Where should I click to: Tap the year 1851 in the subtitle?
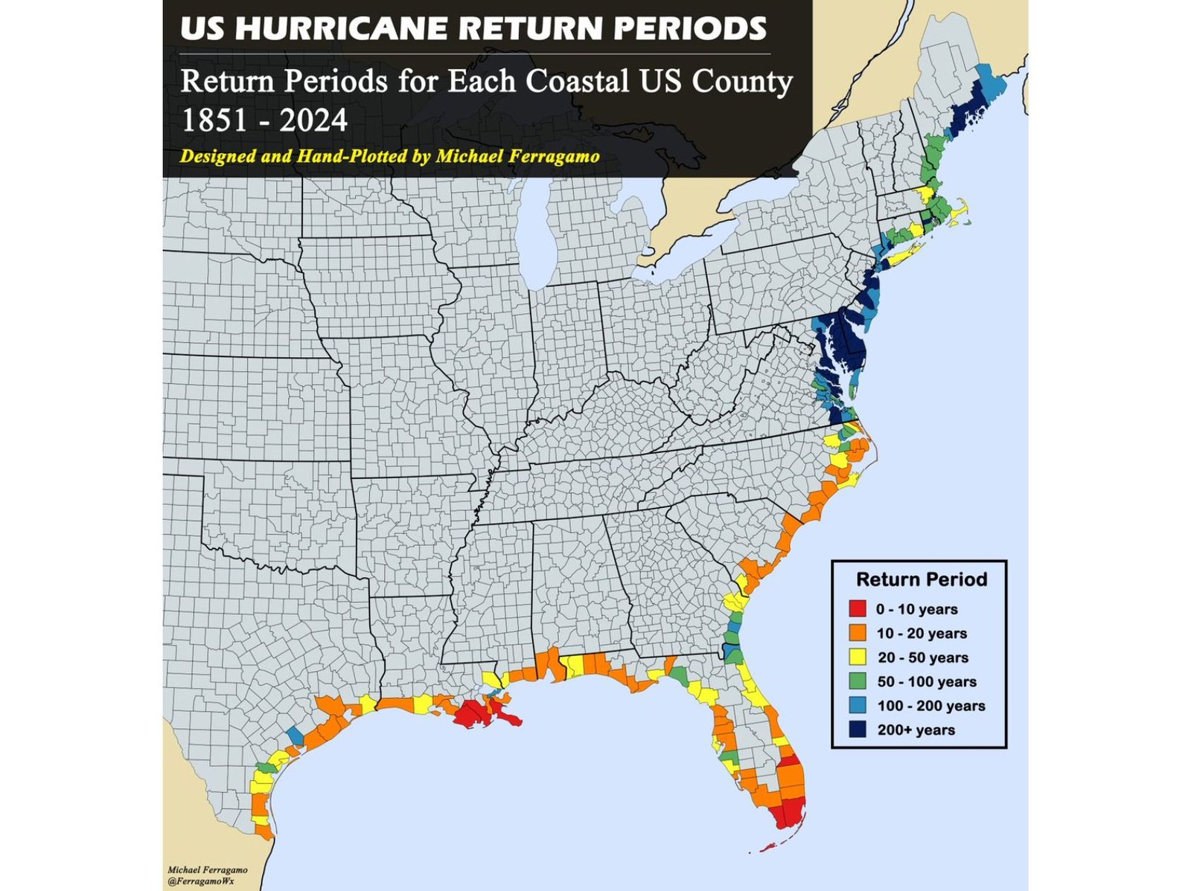215,120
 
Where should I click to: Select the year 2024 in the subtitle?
313,120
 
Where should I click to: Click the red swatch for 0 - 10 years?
858,609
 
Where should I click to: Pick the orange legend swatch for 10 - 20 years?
858,633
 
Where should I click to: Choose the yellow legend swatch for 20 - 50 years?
858,657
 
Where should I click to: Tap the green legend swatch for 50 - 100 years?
858,681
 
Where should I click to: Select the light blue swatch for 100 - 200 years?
858,705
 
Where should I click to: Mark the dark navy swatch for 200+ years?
858,730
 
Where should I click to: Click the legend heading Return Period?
922,579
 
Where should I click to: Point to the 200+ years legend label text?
916,730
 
